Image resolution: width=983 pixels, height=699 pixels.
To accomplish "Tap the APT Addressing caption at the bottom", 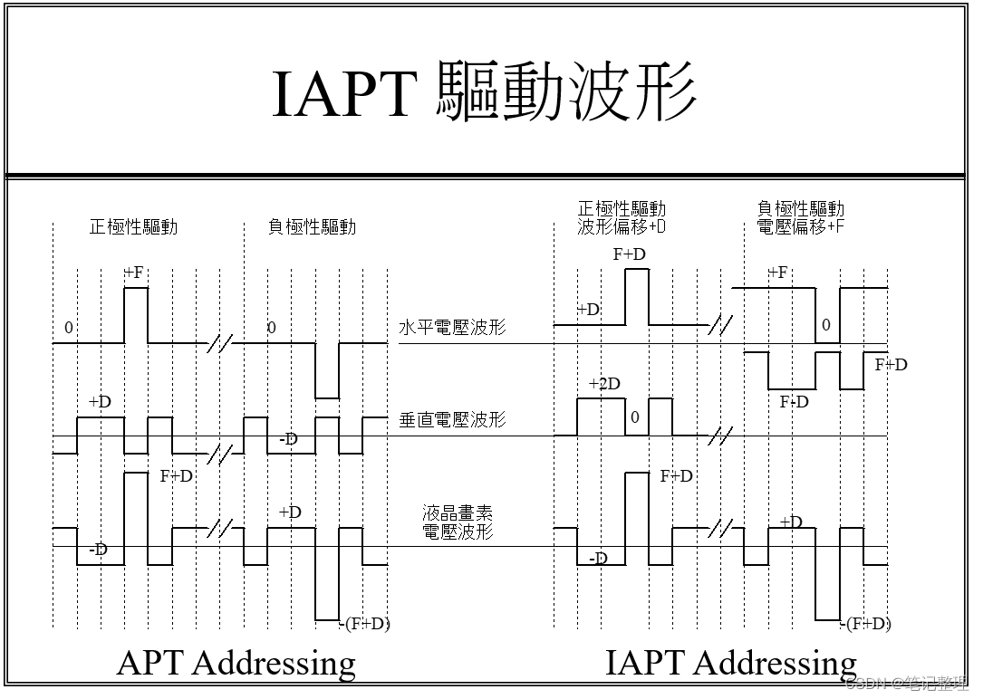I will coord(236,663).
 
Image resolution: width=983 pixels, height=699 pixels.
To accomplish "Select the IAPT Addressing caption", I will coord(730,663).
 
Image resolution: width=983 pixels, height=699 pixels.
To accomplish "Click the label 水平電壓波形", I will coord(452,327).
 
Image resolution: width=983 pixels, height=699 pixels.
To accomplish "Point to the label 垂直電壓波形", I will coord(452,420).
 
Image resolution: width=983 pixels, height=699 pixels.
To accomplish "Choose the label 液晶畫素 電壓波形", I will coord(458,522).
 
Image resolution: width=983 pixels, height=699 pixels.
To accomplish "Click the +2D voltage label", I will coord(604,384).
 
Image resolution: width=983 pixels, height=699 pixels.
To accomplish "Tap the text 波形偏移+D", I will coord(622,227).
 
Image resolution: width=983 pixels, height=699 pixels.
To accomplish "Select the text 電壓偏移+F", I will coord(800,227).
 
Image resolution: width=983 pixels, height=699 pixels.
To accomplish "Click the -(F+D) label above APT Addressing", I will coord(365,623).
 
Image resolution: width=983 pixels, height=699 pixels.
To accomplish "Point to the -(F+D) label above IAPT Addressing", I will coord(865,623).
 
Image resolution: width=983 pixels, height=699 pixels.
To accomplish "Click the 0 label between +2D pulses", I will coord(635,417).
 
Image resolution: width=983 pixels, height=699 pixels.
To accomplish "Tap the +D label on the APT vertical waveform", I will coord(100,402).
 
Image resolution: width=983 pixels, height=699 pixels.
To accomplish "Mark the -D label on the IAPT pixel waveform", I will coord(598,559).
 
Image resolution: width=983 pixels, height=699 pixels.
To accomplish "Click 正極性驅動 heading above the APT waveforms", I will coord(133,226).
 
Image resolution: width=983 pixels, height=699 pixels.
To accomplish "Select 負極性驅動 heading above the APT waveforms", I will coord(312,226).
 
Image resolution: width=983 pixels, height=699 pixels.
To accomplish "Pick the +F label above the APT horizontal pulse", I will coord(135,272).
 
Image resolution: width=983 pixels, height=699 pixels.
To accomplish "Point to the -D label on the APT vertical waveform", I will coord(288,440).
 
